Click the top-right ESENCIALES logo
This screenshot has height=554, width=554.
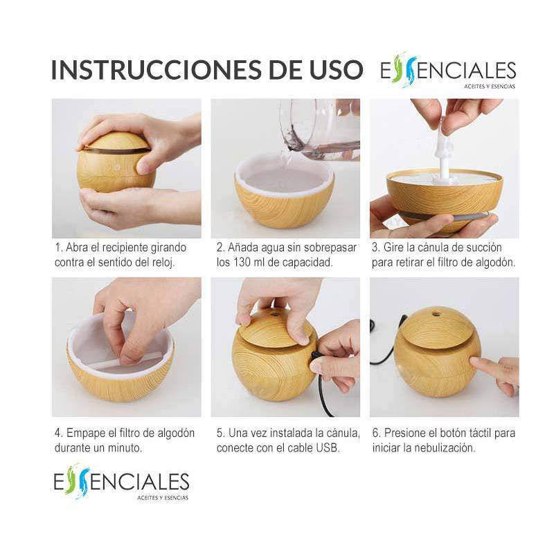(x=448, y=72)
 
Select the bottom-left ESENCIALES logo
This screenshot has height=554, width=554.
(x=121, y=481)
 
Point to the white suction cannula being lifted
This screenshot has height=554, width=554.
(x=443, y=149)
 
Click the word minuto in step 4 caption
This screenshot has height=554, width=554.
(x=125, y=448)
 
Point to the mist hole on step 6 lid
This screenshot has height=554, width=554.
(x=438, y=312)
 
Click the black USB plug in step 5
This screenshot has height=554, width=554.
(x=316, y=357)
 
